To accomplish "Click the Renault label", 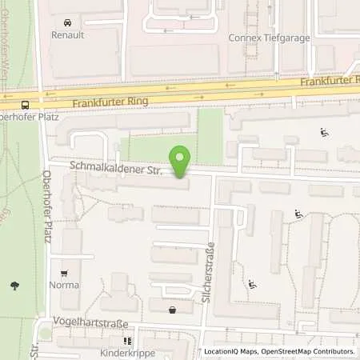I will pos(67,35).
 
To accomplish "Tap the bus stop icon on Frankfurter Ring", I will pos(26,104).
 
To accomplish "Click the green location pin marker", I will pos(181,162).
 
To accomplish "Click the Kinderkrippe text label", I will pos(126,352).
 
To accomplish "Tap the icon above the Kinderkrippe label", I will pos(126,340).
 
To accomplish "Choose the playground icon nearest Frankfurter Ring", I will pos(325,133).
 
